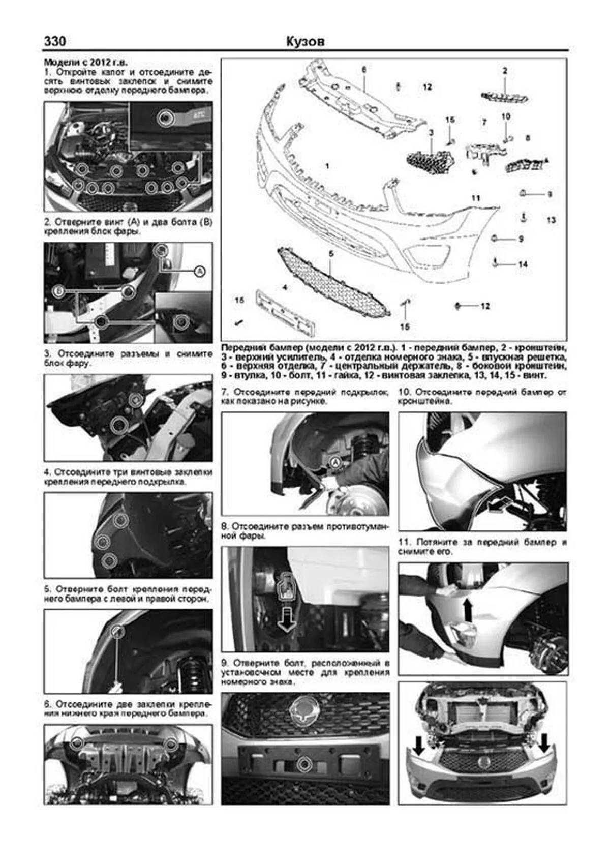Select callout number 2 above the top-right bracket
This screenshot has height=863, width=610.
(505, 71)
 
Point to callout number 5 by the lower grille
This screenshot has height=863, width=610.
(330, 253)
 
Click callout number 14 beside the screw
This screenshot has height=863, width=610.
(523, 264)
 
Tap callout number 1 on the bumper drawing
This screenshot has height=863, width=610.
(327, 166)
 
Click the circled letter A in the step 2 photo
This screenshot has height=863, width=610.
(200, 272)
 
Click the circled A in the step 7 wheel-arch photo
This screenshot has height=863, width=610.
(335, 462)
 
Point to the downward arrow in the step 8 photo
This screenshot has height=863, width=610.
(286, 617)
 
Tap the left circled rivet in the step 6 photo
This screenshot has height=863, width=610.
(77, 743)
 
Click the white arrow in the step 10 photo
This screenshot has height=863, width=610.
(499, 504)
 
